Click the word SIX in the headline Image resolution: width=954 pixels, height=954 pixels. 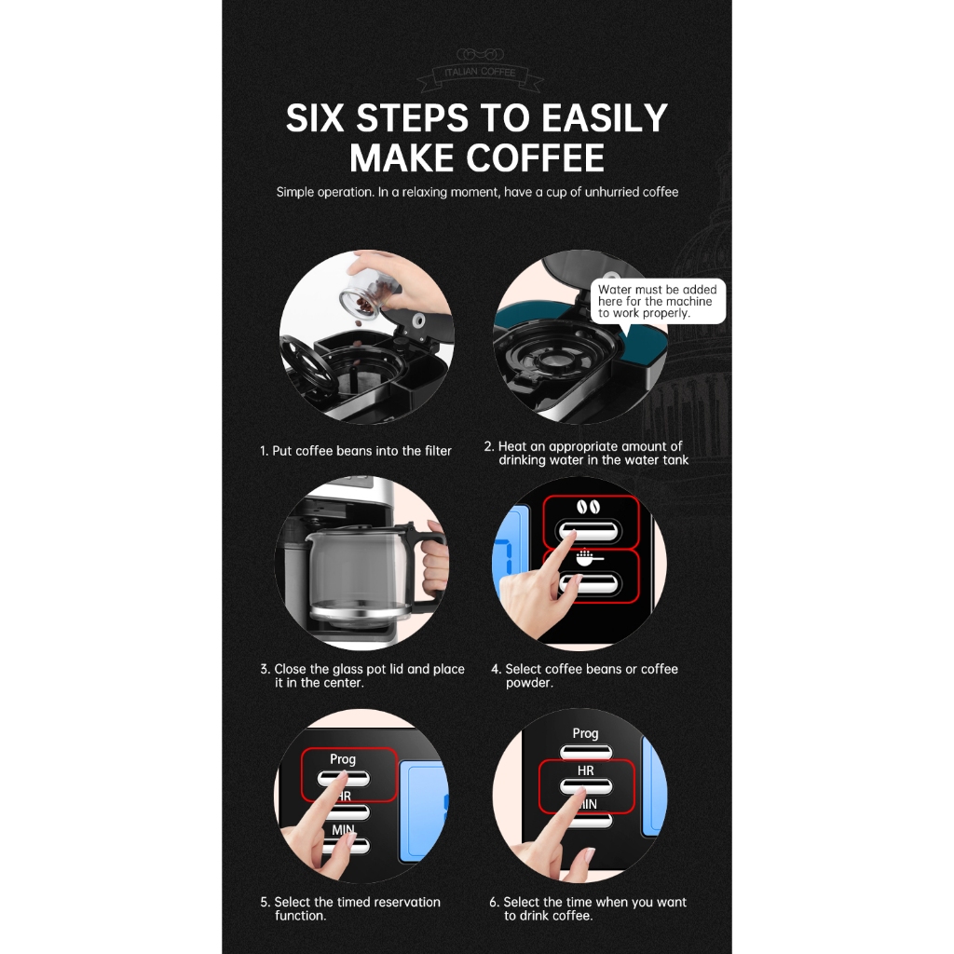(x=315, y=117)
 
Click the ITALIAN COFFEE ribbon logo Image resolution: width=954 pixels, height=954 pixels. (x=480, y=69)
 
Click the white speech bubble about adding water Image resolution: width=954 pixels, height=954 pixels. (x=658, y=301)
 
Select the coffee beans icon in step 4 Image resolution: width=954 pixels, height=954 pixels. (x=589, y=507)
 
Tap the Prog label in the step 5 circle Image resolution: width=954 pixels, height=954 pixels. (x=343, y=759)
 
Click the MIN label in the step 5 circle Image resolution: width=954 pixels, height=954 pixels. (x=343, y=829)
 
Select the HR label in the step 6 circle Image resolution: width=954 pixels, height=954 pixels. (x=585, y=770)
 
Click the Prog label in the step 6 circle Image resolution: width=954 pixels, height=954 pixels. (x=585, y=734)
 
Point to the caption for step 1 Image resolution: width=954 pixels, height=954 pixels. (x=356, y=451)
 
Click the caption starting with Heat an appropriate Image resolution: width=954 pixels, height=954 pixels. (x=587, y=454)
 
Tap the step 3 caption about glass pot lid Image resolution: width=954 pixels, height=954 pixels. (x=362, y=675)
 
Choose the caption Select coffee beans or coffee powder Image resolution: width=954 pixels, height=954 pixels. (x=585, y=675)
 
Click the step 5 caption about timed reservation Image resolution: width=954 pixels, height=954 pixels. (x=350, y=908)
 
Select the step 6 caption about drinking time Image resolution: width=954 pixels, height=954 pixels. (x=588, y=908)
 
